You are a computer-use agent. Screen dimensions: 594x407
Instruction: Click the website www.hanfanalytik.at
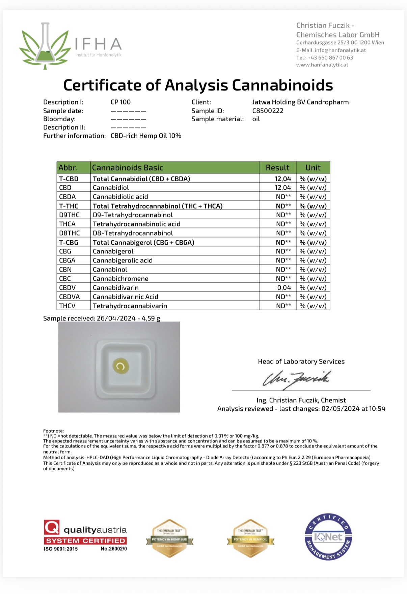322,65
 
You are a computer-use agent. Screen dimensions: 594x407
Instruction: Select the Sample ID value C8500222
268,111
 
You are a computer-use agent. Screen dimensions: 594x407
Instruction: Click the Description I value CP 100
120,102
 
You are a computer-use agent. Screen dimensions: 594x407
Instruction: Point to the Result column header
277,167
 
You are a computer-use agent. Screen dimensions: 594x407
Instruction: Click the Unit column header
313,167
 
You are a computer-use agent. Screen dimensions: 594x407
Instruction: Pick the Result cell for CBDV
284,288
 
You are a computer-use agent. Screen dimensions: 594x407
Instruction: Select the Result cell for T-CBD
282,179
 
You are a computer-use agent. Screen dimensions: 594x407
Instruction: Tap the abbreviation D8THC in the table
70,233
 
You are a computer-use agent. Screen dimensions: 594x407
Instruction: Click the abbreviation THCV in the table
67,306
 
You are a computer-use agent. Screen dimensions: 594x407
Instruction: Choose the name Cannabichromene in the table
120,279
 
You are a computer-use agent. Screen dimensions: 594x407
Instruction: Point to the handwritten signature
296,379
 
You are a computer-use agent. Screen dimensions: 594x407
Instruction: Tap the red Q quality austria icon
52,527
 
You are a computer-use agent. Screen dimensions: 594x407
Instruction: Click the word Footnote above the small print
53,431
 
